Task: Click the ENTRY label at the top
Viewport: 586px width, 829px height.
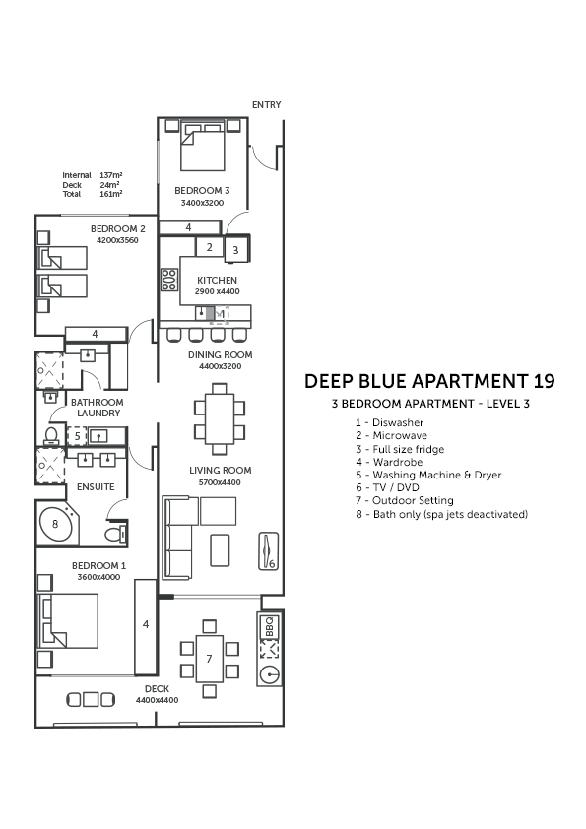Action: [x=266, y=105]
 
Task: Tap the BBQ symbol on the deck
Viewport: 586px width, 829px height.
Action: [x=269, y=627]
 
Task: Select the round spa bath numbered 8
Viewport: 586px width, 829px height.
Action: [x=55, y=524]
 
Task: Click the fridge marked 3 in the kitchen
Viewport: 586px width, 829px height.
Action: [x=236, y=249]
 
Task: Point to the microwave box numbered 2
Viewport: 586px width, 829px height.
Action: [x=210, y=247]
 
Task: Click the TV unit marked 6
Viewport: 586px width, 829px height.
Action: [x=269, y=551]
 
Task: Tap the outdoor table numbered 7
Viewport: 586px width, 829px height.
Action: [x=210, y=659]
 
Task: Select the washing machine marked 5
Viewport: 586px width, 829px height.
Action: [x=77, y=436]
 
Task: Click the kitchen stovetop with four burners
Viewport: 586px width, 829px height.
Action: [x=169, y=280]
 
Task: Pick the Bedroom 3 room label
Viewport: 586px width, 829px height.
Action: [x=202, y=190]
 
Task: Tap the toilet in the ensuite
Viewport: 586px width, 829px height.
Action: [x=116, y=534]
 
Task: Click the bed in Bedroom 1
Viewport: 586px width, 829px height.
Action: [x=68, y=620]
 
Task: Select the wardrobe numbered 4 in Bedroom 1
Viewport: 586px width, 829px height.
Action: [x=146, y=627]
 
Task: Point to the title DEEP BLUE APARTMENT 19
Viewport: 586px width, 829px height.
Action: [x=429, y=381]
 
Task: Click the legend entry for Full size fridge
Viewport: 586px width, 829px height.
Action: [x=400, y=449]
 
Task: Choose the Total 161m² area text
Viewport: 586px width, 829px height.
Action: [x=93, y=194]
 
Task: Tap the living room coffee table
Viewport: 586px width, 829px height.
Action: [x=220, y=549]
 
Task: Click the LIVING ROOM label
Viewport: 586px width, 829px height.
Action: [x=221, y=470]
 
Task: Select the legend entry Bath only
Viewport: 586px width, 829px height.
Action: [x=441, y=514]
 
